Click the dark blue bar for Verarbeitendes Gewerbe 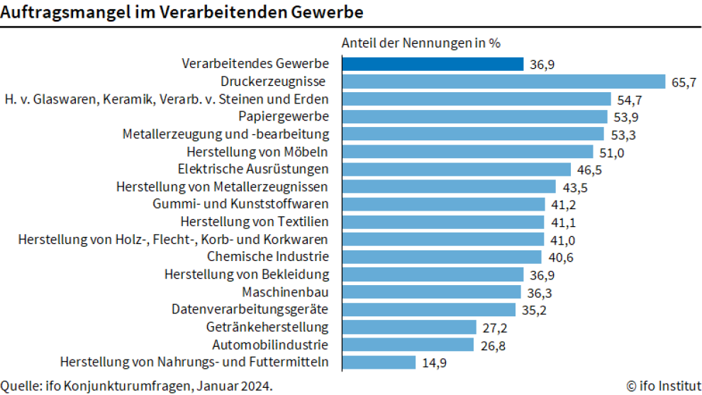click(433, 64)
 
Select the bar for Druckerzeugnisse click(503, 82)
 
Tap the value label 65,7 click(684, 82)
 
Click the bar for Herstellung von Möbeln click(467, 152)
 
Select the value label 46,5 click(589, 169)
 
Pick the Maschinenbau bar click(432, 292)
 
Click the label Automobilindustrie click(270, 345)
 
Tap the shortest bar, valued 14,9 click(379, 362)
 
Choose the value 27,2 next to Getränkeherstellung click(494, 328)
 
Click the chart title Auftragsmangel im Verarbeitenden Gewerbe click(182, 12)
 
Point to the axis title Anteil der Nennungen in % click(421, 43)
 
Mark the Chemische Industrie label click(268, 257)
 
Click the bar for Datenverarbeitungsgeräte click(428, 310)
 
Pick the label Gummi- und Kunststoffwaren click(240, 204)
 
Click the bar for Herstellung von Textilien click(442, 222)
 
